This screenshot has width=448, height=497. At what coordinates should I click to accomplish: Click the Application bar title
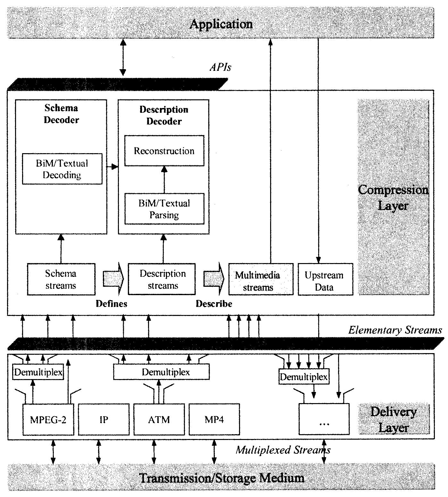[221, 24]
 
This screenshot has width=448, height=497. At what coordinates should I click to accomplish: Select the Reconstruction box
[164, 151]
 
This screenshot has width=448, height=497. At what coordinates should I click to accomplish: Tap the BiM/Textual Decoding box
[62, 169]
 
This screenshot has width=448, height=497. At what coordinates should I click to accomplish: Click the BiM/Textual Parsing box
[164, 209]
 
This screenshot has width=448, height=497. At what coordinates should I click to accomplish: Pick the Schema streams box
[61, 279]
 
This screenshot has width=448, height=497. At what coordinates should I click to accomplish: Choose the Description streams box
[162, 279]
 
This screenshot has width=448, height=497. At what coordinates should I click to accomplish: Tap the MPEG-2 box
[48, 419]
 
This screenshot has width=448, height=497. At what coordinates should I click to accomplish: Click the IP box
[104, 419]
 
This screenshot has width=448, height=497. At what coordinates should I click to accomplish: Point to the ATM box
[159, 419]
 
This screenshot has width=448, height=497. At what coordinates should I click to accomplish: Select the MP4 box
[214, 419]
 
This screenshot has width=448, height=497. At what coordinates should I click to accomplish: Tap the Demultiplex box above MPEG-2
[38, 372]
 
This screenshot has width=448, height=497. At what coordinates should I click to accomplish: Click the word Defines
[112, 303]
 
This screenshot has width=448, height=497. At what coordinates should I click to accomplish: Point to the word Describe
[214, 303]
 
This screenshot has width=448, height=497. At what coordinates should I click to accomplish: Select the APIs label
[220, 67]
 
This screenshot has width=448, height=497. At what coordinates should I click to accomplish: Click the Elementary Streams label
[395, 330]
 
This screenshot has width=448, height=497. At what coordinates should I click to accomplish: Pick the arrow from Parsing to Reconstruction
[164, 179]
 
